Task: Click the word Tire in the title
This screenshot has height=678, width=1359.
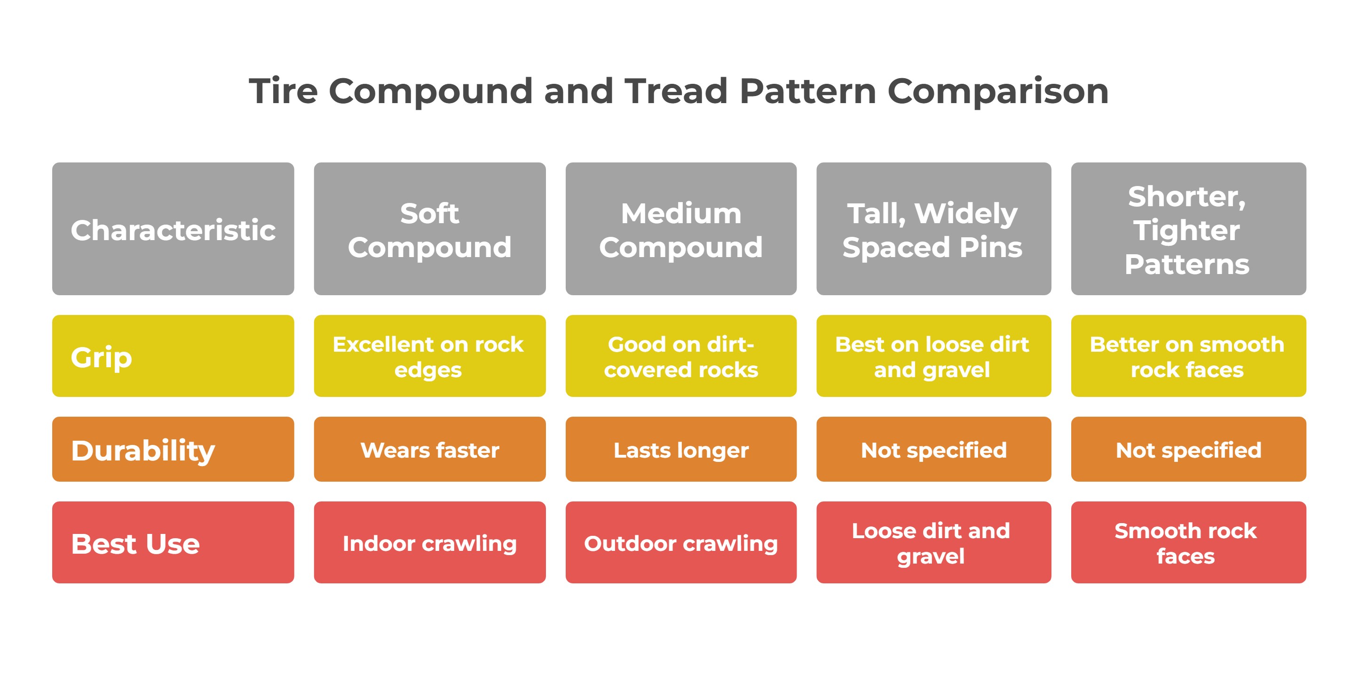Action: coord(283,91)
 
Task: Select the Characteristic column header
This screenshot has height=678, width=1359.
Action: coord(173,229)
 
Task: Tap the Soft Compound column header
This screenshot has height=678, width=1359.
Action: coord(429,229)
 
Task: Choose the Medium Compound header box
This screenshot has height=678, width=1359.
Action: coord(681,229)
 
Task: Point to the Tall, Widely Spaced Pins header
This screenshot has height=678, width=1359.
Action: coord(934,229)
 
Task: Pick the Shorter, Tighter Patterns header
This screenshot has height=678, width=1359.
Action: coord(1189,229)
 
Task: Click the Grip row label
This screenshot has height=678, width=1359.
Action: coord(173,356)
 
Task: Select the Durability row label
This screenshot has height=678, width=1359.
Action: coord(173,449)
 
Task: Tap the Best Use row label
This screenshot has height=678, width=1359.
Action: coord(173,542)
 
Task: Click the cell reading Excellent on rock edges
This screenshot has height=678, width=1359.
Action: coord(429,356)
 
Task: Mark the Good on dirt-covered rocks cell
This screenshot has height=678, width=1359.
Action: coord(681,356)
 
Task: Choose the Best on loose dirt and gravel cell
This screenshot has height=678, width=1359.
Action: coord(934,356)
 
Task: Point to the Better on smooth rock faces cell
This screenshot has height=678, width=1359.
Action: coord(1189,356)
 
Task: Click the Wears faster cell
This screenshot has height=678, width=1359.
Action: coord(429,449)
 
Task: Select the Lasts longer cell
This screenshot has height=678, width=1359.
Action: coord(681,449)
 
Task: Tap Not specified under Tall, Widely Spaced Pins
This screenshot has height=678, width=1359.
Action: coord(934,449)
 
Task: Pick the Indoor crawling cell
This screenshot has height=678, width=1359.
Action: coord(429,542)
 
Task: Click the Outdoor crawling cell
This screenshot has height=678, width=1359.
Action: coord(681,542)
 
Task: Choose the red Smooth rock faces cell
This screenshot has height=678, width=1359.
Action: coord(1189,542)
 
